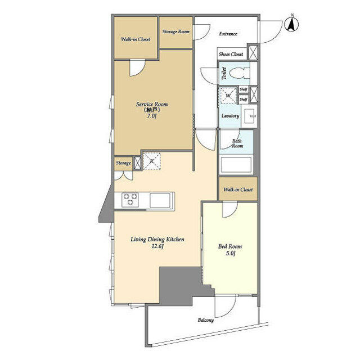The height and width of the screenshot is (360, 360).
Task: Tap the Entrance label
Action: coord(228,34)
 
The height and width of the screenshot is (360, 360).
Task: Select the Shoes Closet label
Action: coord(231,54)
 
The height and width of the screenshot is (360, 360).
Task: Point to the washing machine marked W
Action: coord(228,96)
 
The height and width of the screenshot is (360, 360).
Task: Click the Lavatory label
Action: coord(231,116)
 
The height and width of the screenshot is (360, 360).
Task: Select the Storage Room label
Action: coord(176,31)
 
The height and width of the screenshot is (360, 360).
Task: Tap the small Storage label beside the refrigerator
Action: coord(123,163)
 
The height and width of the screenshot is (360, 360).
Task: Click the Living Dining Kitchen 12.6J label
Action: coord(157,242)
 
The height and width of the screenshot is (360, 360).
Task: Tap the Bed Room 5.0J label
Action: coord(230,250)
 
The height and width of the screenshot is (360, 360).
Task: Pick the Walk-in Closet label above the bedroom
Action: coord(238,190)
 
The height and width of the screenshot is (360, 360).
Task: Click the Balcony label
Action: coord(205,321)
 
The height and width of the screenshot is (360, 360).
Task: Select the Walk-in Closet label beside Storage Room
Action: coord(136,39)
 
